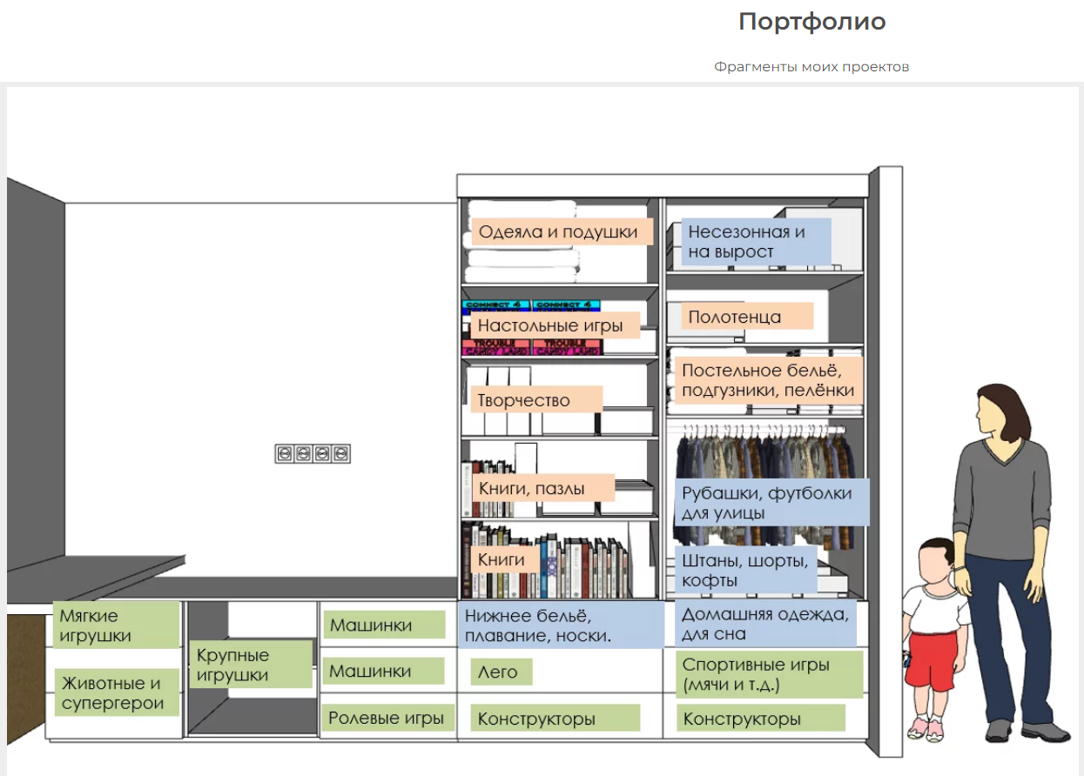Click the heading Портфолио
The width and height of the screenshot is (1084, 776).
[811, 22]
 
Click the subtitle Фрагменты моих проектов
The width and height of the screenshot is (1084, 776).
[811, 67]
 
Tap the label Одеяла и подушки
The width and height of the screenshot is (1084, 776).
[558, 232]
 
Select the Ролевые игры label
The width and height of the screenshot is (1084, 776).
[386, 719]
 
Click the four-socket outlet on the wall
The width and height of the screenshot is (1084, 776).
[313, 453]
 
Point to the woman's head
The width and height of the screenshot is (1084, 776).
[997, 409]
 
